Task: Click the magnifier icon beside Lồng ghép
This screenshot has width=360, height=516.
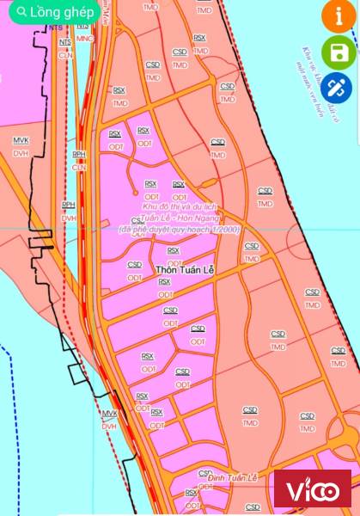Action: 21,13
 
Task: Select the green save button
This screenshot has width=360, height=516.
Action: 339,53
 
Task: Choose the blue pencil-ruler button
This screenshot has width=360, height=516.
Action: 339,89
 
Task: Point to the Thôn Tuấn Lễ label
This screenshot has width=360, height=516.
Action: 185,270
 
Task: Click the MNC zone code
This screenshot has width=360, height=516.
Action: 83,39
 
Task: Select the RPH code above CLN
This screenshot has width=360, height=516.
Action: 79,154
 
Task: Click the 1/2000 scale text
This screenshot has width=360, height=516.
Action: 223,230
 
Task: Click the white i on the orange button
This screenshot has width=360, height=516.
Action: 339,17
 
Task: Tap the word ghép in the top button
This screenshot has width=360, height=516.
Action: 77,13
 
